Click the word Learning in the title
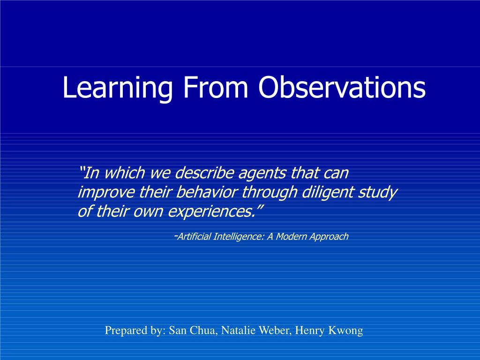tap(118, 88)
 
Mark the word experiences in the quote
tap(211, 212)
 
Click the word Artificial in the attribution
tap(194, 237)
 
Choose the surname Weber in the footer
tap(276, 330)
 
